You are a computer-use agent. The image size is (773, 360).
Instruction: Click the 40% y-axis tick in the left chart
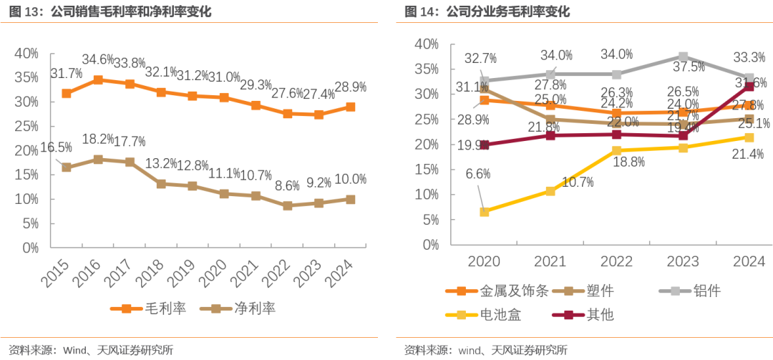[x=26, y=54]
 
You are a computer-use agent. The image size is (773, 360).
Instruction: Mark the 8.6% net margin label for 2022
[x=287, y=187]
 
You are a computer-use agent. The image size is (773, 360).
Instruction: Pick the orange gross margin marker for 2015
[x=67, y=94]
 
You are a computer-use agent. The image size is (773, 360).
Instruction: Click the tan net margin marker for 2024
[x=351, y=199]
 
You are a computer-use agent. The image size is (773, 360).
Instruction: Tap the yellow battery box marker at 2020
[x=485, y=212]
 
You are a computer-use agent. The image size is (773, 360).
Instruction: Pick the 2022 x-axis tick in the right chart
[x=617, y=262]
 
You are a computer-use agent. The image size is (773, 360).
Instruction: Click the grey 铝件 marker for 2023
[x=683, y=57]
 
